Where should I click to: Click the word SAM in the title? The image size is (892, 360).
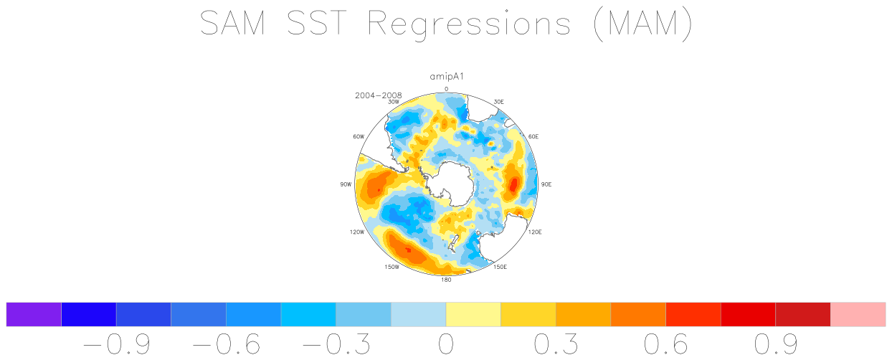coord(232,23)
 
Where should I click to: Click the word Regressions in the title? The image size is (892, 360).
coord(469,24)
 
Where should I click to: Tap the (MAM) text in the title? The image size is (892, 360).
coord(642,24)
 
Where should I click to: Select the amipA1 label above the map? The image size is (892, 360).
coord(447,77)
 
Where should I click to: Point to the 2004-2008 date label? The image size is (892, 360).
coord(379,95)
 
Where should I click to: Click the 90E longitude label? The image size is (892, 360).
coord(546,184)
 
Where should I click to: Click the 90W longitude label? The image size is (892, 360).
coord(346,184)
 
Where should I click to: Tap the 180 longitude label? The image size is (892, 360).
coord(446,280)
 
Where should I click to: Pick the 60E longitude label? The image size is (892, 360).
coord(533,136)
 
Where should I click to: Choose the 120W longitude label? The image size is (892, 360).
coord(357,232)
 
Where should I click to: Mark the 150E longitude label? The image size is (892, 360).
coord(500,267)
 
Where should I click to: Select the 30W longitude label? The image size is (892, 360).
coord(394,102)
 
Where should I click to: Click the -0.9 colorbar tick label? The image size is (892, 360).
coord(117,344)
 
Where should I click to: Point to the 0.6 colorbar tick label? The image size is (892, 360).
coord(666,344)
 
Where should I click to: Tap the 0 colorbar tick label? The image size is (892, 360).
coord(446,344)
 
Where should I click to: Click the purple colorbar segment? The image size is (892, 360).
coord(34,314)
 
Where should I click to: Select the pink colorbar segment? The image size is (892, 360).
coord(858,314)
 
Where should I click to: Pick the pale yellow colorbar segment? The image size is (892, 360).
coord(473,314)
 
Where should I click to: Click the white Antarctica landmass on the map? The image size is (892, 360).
coord(450,183)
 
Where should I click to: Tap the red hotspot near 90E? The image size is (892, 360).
coord(513,184)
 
